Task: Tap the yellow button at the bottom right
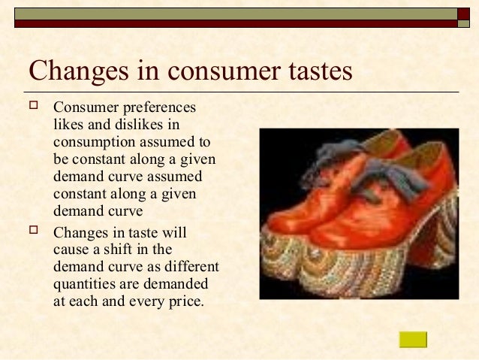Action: tap(413, 339)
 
